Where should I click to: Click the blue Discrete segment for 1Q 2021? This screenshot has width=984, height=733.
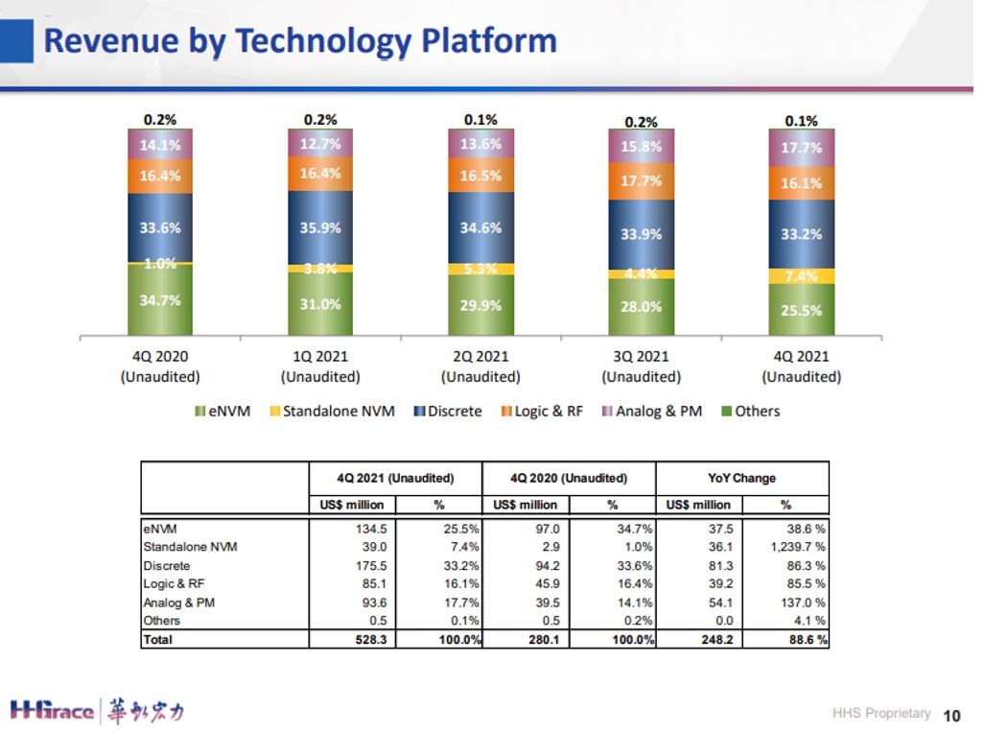[320, 227]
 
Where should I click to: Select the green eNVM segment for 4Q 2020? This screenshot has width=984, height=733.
[160, 300]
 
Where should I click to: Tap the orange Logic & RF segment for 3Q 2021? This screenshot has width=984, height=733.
[641, 181]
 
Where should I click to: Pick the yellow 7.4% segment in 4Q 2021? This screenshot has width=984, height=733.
[802, 276]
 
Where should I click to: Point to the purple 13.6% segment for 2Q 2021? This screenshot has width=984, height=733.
[480, 144]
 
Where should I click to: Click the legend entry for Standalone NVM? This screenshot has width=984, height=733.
[332, 411]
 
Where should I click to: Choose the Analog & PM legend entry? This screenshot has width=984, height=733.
[651, 411]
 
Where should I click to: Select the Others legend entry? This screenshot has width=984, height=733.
[751, 411]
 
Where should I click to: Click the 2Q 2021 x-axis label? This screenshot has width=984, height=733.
[480, 366]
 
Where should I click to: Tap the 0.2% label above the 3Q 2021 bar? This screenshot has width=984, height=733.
[641, 122]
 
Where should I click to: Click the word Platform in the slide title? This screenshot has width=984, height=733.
[489, 41]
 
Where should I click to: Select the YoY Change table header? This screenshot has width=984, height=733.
[741, 478]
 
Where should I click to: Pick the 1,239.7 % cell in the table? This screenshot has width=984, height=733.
[798, 547]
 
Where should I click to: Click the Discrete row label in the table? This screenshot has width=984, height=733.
[166, 565]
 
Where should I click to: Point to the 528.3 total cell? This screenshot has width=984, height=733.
[371, 640]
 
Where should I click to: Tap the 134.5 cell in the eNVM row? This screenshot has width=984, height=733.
[371, 529]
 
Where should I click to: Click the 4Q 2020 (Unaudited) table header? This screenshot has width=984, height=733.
[569, 478]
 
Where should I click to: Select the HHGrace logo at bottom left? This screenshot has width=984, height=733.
[97, 711]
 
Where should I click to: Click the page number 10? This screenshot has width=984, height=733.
[952, 716]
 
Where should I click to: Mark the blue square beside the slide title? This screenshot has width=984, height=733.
[16, 41]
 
